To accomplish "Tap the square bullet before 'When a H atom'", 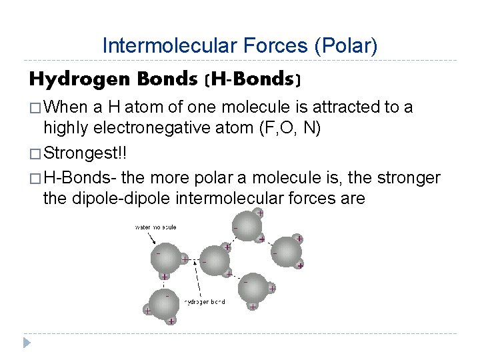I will click(35, 107).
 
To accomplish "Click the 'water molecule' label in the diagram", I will click(155, 227).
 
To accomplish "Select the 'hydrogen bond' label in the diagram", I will click(204, 302).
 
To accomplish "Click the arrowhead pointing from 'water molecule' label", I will click(177, 247).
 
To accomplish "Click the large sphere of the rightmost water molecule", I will click(287, 252).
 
